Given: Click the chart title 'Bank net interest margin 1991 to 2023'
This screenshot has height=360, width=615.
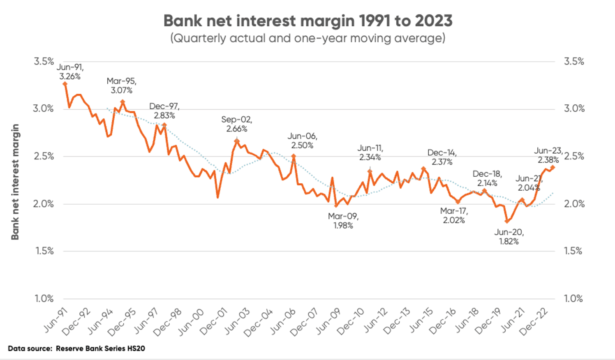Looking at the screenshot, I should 307,21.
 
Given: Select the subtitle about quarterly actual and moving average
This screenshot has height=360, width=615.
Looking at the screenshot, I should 307,38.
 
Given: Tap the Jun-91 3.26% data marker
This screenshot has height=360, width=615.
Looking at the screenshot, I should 65,84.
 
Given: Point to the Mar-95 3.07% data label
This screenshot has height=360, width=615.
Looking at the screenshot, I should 121,85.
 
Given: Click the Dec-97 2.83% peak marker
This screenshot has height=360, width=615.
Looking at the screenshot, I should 164,125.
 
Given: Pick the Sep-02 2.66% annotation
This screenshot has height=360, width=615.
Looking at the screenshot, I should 237,124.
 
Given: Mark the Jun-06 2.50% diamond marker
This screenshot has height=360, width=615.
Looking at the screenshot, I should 294,156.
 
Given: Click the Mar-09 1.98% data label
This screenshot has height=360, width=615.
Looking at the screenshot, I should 343,221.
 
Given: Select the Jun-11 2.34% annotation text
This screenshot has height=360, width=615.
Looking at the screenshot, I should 370,152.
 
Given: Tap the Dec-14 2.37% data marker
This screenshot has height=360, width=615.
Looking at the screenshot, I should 423,168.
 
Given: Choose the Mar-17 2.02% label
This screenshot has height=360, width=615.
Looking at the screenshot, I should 454,215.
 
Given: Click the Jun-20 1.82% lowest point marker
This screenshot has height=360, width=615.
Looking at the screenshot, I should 507,221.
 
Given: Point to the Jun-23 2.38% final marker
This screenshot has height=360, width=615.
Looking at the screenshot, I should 553,167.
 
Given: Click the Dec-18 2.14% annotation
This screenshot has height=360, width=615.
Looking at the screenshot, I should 487,178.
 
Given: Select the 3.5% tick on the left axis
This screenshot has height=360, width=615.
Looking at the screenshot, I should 44,62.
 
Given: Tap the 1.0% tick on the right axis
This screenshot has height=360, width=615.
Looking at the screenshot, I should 573,299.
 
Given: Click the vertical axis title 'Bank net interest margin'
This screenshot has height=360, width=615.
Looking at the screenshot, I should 15,182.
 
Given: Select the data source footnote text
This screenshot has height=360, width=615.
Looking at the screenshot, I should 76,348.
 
